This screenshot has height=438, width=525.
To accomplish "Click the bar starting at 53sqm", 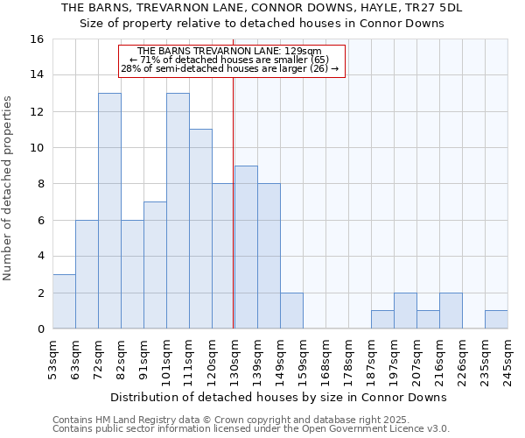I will click(64, 301).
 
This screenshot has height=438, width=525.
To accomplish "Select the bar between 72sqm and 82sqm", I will click(109, 210).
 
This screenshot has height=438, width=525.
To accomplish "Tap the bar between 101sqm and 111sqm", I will click(178, 210).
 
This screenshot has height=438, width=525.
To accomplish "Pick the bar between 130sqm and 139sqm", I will click(246, 247).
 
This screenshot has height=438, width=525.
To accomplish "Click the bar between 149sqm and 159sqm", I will click(291, 310).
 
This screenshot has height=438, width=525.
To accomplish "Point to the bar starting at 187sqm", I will click(382, 320).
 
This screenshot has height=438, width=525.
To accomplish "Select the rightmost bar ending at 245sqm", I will click(496, 320).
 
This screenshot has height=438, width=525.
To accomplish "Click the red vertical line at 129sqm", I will click(234, 201).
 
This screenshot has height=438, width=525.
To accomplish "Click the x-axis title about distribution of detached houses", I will click(280, 397).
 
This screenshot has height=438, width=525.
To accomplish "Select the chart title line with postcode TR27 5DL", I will click(262, 8).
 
